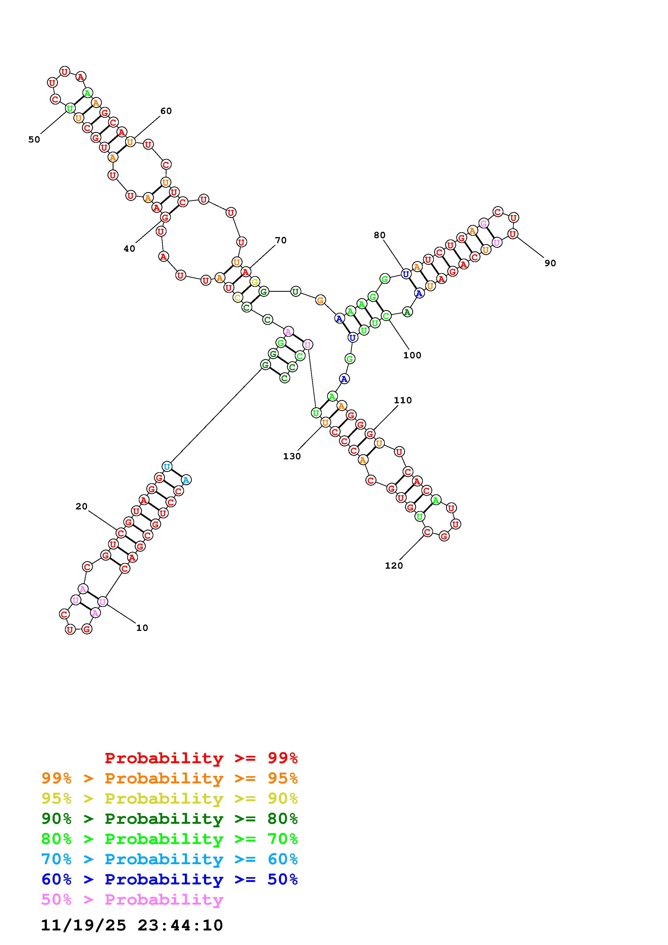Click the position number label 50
[x=34, y=140]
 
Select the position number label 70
[x=281, y=240]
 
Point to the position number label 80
[x=379, y=235]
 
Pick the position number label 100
[x=412, y=355]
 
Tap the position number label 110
[x=403, y=400]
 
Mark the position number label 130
[x=292, y=456]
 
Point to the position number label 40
[x=129, y=249]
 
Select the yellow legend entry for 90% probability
[x=169, y=798]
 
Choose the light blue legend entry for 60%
[x=169, y=859]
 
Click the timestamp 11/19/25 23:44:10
[x=132, y=925]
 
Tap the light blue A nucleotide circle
[x=186, y=480]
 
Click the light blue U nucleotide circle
[x=167, y=467]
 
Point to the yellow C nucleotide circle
[x=237, y=297]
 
